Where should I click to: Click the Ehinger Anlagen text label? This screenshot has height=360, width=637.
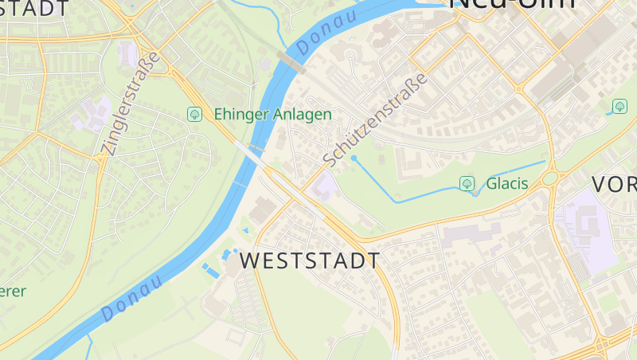(x=272, y=115)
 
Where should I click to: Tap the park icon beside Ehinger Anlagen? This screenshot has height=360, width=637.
(x=193, y=115)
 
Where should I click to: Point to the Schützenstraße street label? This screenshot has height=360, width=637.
(x=376, y=119)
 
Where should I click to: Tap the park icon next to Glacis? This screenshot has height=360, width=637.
(x=467, y=184)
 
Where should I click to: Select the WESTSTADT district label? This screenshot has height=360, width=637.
(x=310, y=261)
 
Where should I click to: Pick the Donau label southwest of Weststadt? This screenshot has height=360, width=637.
(x=131, y=299)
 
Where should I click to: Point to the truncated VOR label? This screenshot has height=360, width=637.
(x=614, y=185)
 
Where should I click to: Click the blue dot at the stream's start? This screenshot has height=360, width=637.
(x=354, y=158)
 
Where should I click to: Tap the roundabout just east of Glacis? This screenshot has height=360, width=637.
(x=551, y=178)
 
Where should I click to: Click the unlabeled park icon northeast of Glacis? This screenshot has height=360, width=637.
(x=619, y=106)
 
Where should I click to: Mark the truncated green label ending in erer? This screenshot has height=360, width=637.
(x=11, y=292)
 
